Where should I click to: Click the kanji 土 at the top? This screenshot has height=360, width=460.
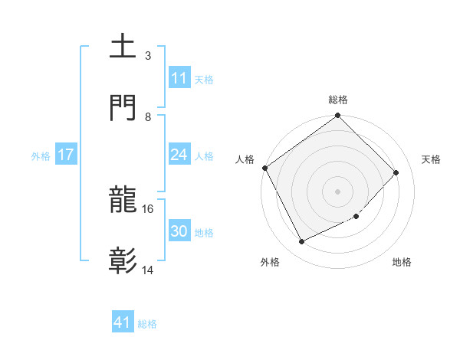click(123, 47)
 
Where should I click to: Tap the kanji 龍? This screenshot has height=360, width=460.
click(123, 201)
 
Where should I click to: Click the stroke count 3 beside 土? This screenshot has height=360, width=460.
click(148, 56)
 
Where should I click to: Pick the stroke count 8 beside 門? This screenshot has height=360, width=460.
click(148, 116)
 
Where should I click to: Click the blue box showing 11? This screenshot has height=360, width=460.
click(179, 78)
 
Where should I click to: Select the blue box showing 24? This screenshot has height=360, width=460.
click(179, 155)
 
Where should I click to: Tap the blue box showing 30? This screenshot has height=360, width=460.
click(179, 231)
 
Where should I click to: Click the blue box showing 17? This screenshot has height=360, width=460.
click(66, 155)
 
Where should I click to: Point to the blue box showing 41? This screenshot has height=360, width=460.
click(123, 322)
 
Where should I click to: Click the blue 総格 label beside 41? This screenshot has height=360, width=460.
click(147, 324)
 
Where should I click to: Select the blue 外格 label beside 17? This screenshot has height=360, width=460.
click(41, 156)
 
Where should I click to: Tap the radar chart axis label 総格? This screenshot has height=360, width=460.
click(338, 100)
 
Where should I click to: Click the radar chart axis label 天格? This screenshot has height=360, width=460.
click(431, 159)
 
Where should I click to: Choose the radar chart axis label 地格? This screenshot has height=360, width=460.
click(402, 262)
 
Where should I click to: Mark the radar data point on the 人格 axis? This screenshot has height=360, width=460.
click(264, 168)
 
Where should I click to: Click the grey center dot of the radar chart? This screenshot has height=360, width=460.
click(338, 191)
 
